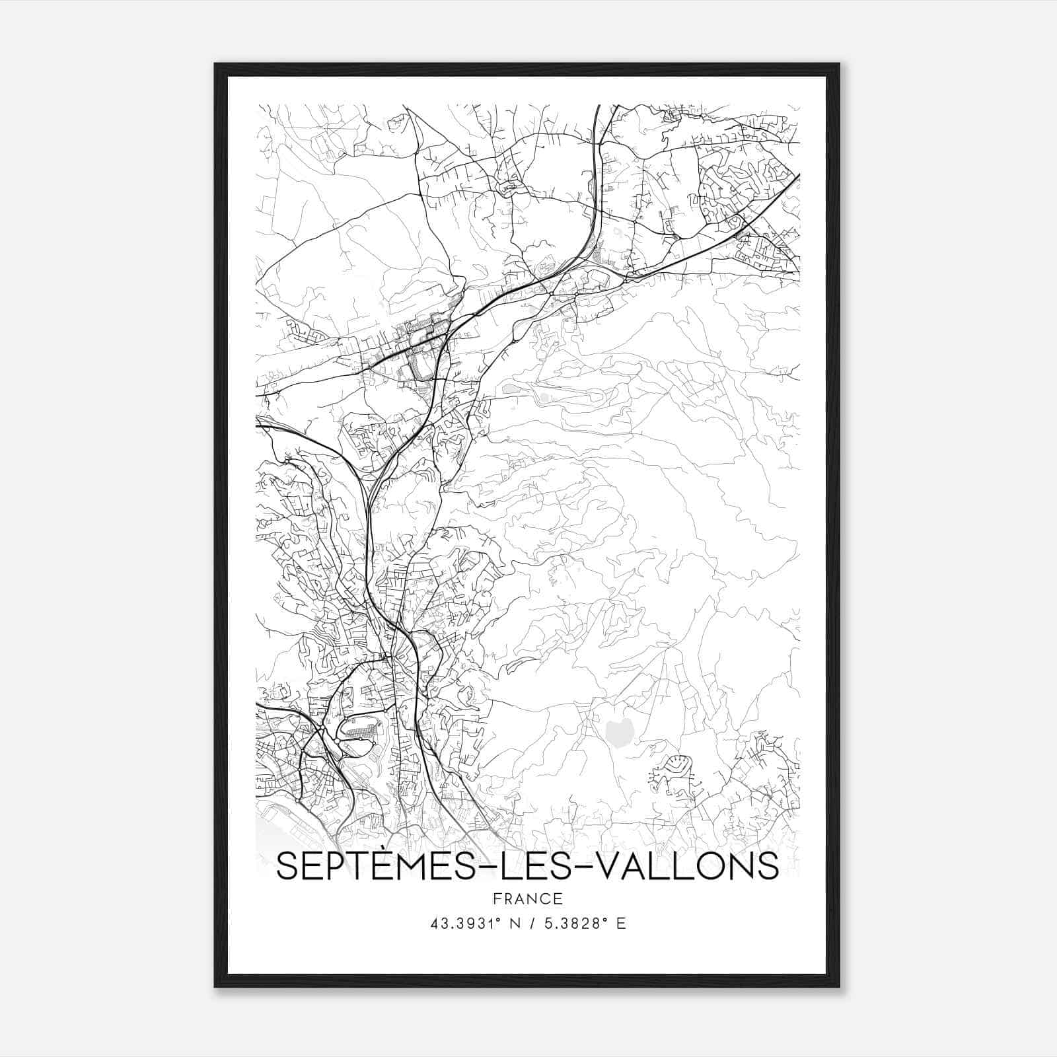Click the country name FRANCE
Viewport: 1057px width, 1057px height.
click(528, 898)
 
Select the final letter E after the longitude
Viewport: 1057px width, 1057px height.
click(621, 924)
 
